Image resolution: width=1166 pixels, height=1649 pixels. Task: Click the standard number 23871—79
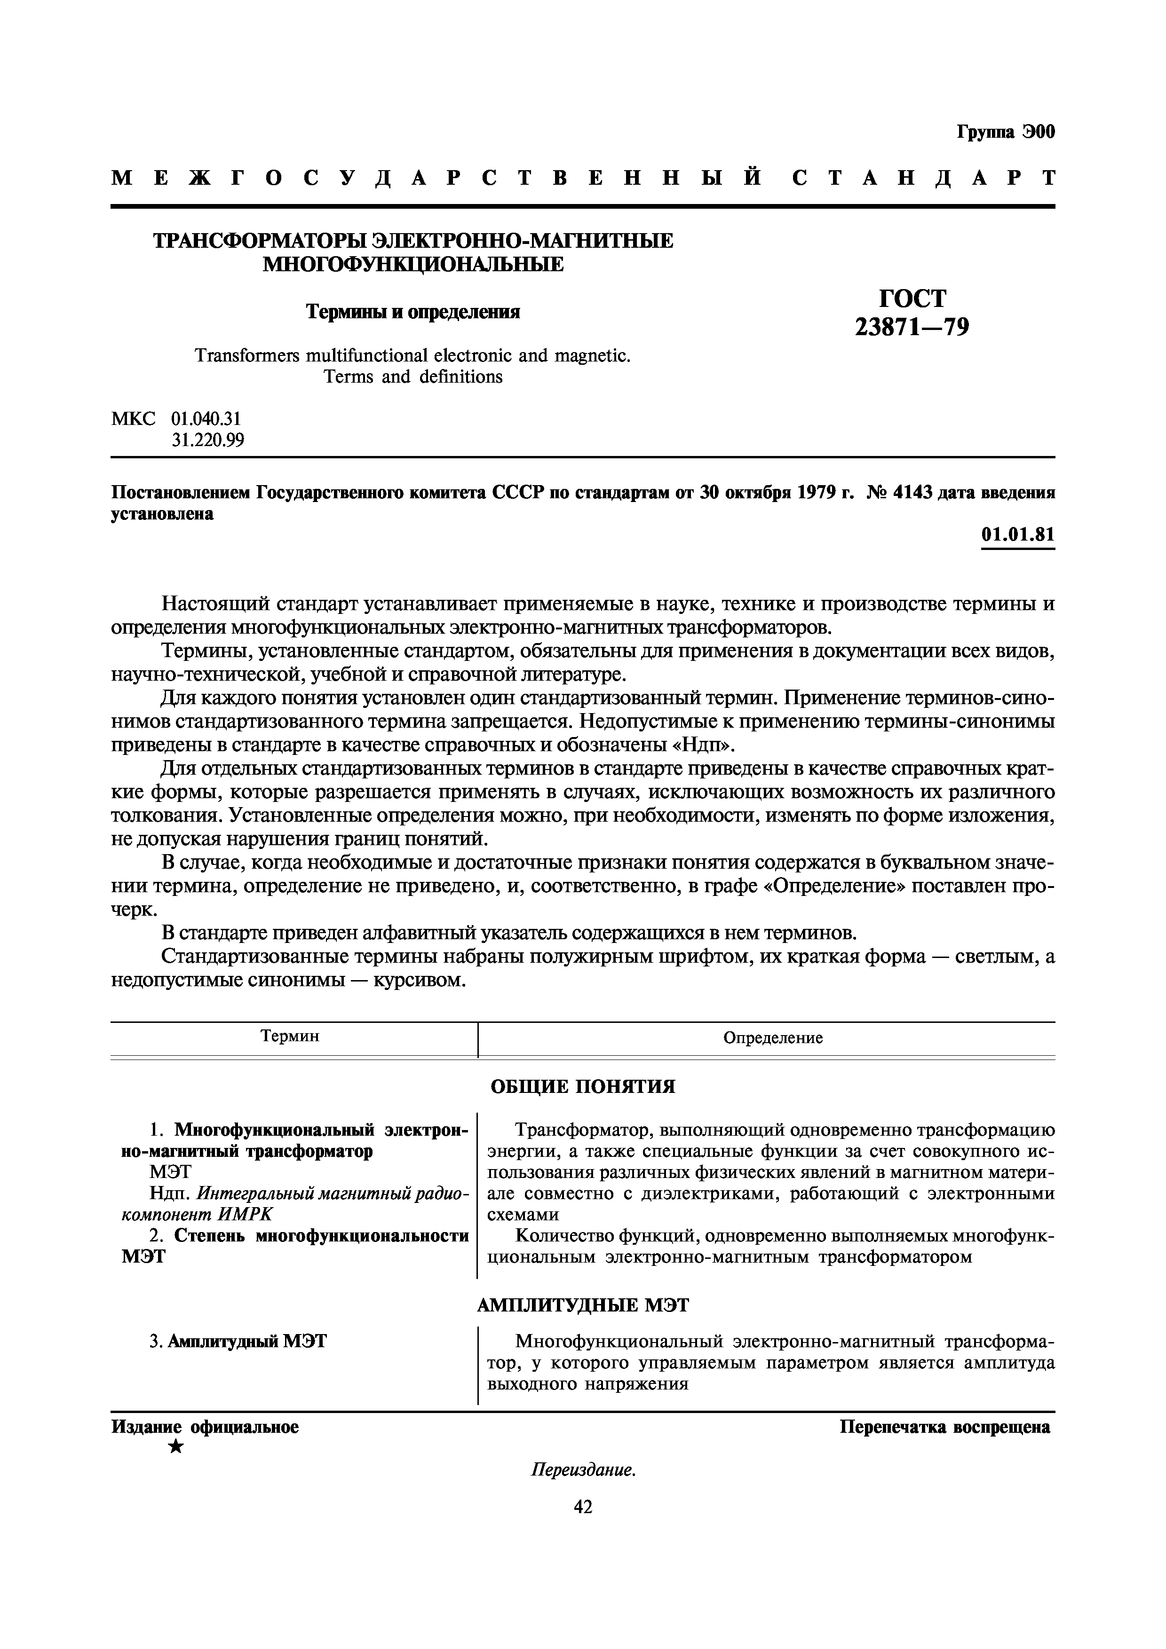912,328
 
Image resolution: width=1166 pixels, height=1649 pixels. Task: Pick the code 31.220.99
207,440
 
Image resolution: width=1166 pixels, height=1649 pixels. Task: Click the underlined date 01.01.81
1018,535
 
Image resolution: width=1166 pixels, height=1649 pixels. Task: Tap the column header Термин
290,1036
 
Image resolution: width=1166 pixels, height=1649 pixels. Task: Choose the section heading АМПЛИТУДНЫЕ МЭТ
583,1305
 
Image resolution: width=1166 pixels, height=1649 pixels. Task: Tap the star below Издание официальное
175,1447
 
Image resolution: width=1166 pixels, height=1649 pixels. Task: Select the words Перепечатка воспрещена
945,1427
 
